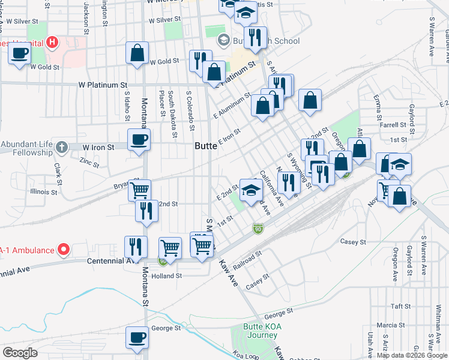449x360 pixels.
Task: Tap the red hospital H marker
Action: click(53, 43)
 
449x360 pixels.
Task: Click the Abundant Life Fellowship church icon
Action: click(61, 147)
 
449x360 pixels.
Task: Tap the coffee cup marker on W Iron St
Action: click(139, 140)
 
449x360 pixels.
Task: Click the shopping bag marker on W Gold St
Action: click(137, 53)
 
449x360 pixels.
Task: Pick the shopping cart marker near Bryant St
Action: click(139, 190)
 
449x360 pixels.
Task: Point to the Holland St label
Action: click(166, 276)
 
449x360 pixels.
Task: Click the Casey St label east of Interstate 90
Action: click(353, 242)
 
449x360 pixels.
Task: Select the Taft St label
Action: click(400, 305)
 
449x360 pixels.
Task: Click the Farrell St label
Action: click(393, 125)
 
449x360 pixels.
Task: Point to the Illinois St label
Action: click(44, 193)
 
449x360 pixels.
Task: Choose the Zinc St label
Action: click(89, 161)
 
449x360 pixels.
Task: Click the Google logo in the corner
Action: click(20, 353)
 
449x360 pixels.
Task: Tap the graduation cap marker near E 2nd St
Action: click(251, 191)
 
